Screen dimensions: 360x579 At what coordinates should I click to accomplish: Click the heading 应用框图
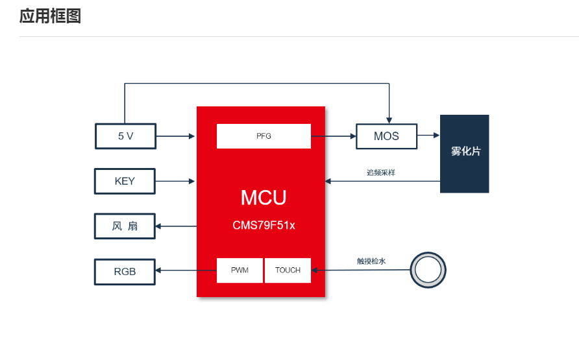tap(50, 16)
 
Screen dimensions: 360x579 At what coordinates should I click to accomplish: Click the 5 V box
tap(125, 136)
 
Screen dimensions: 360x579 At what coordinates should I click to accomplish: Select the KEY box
tap(125, 181)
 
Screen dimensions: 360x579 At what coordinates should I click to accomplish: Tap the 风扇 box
tap(125, 226)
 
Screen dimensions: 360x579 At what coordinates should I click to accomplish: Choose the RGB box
tap(125, 272)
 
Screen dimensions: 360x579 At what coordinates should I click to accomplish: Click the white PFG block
tap(264, 136)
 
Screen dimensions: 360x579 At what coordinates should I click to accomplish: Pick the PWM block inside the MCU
tap(240, 270)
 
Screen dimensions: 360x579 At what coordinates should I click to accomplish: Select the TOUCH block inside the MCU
tap(288, 270)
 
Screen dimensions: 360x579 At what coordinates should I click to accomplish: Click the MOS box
tap(386, 136)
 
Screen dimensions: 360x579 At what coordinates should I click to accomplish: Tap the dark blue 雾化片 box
tap(465, 154)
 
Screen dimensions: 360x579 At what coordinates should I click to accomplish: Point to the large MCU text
tap(263, 197)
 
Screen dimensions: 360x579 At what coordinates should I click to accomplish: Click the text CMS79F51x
tap(264, 226)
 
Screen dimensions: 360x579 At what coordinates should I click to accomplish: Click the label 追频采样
tap(381, 173)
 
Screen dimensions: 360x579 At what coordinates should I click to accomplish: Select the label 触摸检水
tap(371, 261)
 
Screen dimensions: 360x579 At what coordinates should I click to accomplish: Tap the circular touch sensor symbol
tap(428, 270)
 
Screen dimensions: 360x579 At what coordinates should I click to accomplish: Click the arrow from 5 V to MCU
tap(175, 136)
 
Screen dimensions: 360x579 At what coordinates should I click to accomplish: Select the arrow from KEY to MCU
tap(175, 181)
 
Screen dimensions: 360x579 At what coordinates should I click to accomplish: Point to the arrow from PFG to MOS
tap(334, 136)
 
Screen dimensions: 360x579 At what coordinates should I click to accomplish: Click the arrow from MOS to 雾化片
tap(428, 136)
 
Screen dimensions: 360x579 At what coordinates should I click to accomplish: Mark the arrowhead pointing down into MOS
tap(388, 119)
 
